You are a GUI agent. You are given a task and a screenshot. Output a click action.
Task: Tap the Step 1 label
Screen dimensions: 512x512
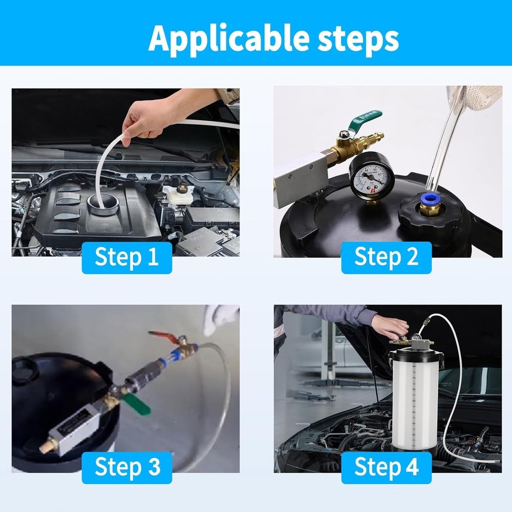(x=126, y=257)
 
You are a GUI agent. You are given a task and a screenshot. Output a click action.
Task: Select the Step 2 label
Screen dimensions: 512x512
(x=386, y=257)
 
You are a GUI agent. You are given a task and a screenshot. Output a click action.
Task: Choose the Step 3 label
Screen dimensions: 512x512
(x=126, y=467)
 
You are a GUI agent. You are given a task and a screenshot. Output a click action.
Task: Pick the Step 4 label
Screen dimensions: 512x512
(x=386, y=467)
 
